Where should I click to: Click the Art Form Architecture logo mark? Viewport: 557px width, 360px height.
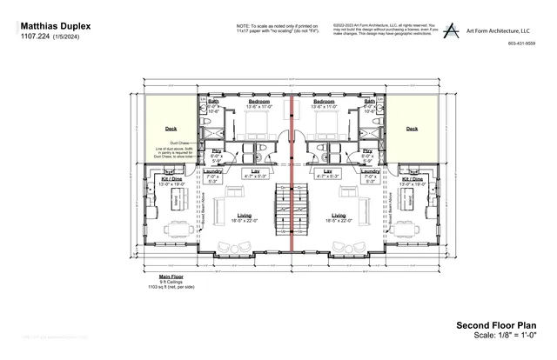pyautogui.click(x=450, y=30)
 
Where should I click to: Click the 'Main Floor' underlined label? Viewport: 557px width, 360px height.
pyautogui.click(x=171, y=277)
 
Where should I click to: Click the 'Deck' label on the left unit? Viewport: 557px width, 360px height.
pyautogui.click(x=171, y=129)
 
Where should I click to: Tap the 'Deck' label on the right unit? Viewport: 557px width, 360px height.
pyautogui.click(x=412, y=129)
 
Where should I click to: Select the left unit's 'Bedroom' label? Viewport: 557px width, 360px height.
pyautogui.click(x=259, y=101)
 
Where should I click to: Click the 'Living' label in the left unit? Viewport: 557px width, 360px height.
pyautogui.click(x=245, y=215)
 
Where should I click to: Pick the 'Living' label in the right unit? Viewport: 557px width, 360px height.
pyautogui.click(x=339, y=215)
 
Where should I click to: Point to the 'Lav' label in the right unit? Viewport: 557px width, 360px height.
pyautogui.click(x=328, y=171)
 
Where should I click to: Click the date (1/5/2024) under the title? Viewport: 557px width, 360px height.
pyautogui.click(x=69, y=37)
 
